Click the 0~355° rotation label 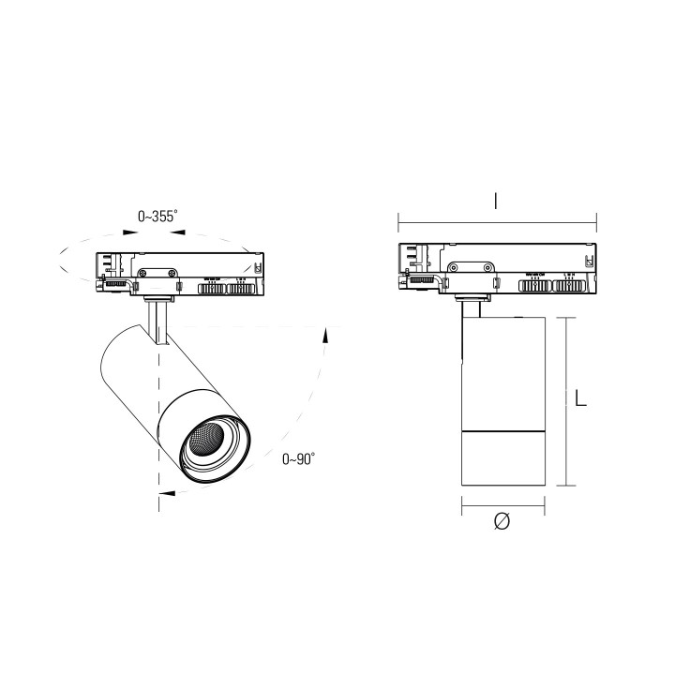pyautogui.click(x=157, y=217)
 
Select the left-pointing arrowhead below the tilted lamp pyautogui.click(x=166, y=491)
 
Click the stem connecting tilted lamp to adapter pyautogui.click(x=157, y=319)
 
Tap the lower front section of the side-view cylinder pyautogui.click(x=503, y=459)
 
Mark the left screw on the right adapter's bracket pyautogui.click(x=453, y=270)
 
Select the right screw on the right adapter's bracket pyautogui.click(x=488, y=270)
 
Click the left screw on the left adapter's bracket pyautogui.click(x=142, y=273)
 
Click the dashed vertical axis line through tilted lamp pyautogui.click(x=159, y=412)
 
